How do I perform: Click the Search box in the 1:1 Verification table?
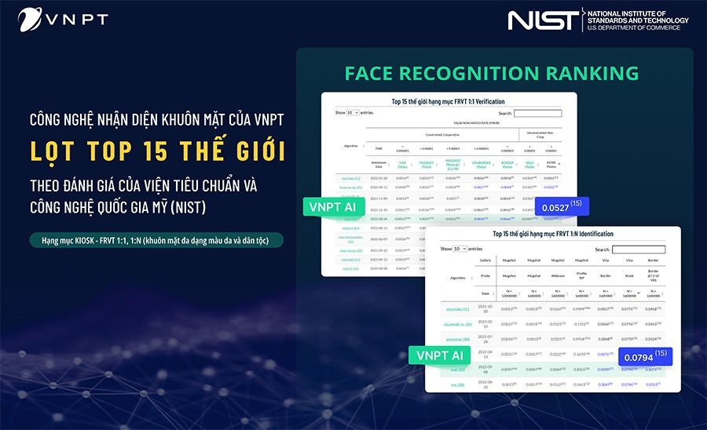coord(537,113)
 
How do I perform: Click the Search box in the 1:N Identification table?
coord(638,250)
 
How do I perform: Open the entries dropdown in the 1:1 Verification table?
coord(352,113)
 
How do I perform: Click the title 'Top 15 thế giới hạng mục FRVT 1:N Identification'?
coord(552,234)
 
